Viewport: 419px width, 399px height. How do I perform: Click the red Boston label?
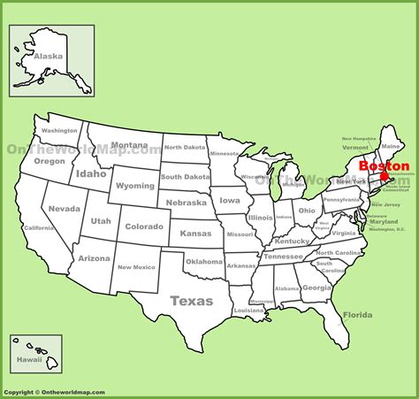pyautogui.click(x=384, y=165)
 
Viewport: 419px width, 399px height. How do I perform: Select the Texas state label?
pyautogui.click(x=191, y=301)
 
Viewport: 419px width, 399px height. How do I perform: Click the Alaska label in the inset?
pyautogui.click(x=48, y=57)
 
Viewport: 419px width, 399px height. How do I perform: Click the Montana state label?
pyautogui.click(x=129, y=145)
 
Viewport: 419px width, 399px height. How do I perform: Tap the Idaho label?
pyautogui.click(x=90, y=174)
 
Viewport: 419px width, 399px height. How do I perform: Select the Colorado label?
pyautogui.click(x=143, y=226)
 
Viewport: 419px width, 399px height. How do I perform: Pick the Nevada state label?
pyautogui.click(x=65, y=209)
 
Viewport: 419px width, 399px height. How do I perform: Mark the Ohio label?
pyautogui.click(x=307, y=211)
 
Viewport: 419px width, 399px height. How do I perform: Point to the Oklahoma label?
pyautogui.click(x=203, y=262)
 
